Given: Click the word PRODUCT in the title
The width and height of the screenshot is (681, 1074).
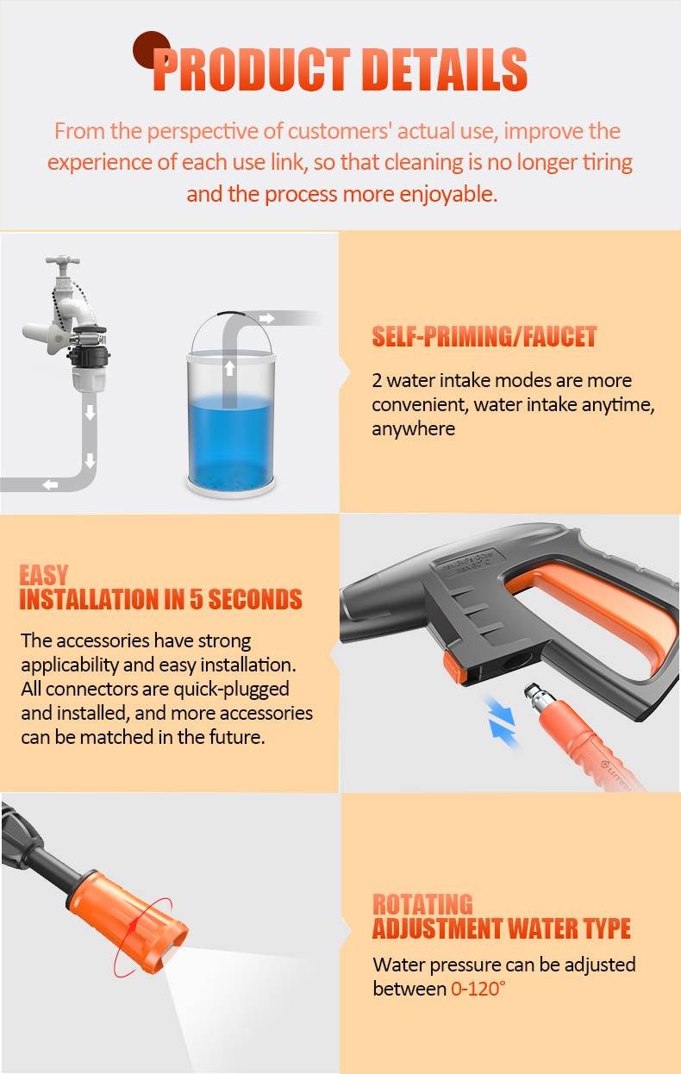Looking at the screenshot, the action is (x=251, y=69).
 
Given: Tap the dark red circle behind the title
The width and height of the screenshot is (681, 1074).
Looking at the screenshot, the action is (x=150, y=48).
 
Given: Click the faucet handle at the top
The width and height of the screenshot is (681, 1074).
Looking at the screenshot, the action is (x=62, y=261).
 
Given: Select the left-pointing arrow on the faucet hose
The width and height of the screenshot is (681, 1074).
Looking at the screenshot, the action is (x=50, y=484).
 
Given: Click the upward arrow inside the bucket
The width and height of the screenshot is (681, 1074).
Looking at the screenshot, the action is (x=229, y=368).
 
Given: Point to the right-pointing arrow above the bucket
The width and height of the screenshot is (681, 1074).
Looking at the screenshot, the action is (x=266, y=318).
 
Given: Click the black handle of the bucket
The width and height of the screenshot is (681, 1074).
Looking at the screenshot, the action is (x=231, y=314).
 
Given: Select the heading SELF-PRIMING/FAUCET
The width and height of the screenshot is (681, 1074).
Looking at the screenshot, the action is (x=484, y=336).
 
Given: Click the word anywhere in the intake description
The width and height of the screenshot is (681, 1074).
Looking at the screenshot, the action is (x=414, y=429).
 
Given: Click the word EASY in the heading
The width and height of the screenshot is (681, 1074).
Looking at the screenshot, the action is (x=44, y=575).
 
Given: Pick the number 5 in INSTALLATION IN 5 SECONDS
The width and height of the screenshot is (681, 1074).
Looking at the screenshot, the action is (x=197, y=599).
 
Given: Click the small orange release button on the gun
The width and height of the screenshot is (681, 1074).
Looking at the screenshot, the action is (x=454, y=665).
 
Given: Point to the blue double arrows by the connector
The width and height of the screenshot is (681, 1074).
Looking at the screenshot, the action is (x=502, y=722).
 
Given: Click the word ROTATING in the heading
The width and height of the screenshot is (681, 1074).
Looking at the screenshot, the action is (x=422, y=904).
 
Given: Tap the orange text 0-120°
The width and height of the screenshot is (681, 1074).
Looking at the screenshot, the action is (x=478, y=989).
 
